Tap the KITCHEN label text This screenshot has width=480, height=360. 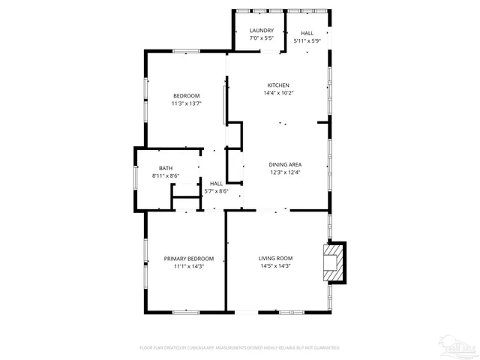[278, 85]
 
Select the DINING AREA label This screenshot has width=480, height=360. [285, 164]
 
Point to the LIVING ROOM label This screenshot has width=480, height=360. [275, 258]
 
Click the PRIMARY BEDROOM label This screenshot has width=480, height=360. [189, 259]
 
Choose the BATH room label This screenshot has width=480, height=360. [166, 168]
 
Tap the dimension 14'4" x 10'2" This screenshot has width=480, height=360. [278, 93]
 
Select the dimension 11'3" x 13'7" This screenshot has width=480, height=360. [187, 103]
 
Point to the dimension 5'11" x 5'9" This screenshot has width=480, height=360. [307, 41]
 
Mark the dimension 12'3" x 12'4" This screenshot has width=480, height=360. [285, 172]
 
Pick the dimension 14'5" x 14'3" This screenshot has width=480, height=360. [275, 266]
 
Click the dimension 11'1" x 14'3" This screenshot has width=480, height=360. [189, 266]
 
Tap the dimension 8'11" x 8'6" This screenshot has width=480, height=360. [166, 175]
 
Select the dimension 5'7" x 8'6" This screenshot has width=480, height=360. [216, 191]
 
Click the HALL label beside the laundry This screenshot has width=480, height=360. [307, 34]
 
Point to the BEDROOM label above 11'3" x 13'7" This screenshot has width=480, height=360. [187, 95]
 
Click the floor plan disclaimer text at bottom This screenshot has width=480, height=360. [240, 348]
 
